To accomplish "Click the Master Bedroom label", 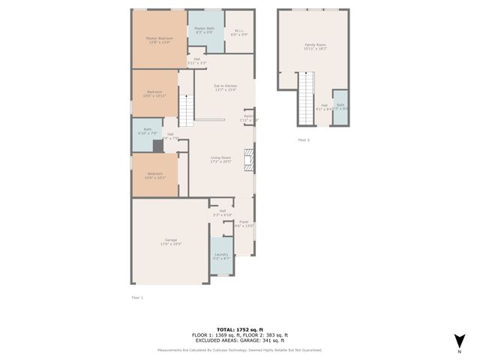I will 159,40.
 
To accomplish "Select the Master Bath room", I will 205,32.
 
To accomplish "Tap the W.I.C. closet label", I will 239,32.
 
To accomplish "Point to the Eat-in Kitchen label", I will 226,88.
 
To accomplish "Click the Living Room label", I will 220,159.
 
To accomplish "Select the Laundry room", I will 221,256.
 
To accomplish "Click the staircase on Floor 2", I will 306,97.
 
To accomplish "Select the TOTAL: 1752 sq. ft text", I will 240,328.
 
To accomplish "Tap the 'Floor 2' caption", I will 304,140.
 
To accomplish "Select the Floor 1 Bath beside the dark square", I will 148,131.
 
